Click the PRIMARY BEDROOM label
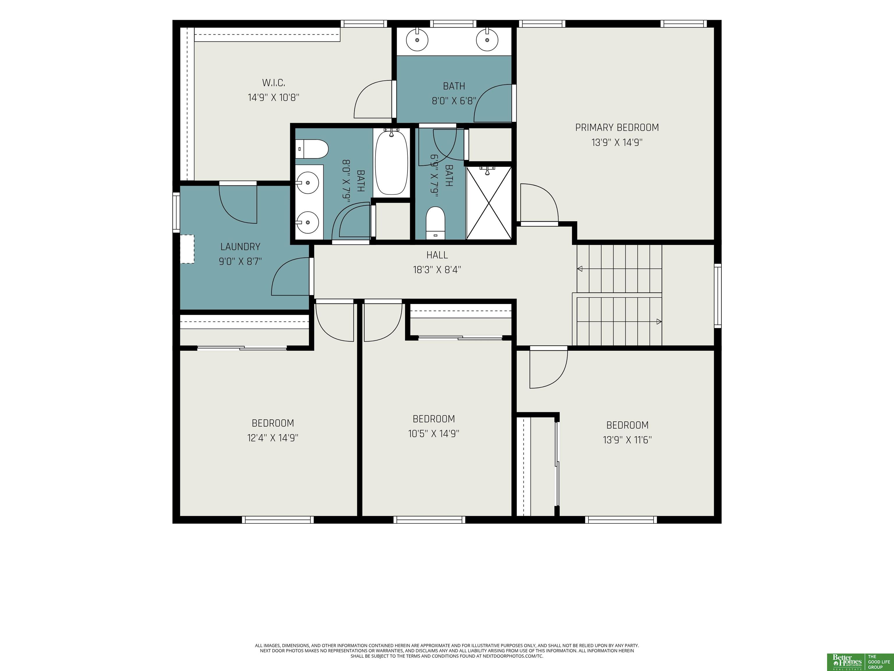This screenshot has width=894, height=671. click(617, 127)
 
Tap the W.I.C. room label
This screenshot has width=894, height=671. click(274, 83)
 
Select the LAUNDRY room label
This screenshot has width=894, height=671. click(240, 247)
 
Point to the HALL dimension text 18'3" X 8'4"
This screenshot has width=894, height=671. click(437, 270)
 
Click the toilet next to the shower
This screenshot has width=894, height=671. click(435, 223)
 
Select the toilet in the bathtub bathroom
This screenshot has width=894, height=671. click(312, 149)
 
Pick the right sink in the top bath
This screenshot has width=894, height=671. click(487, 40)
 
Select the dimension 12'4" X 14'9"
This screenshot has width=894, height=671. click(273, 438)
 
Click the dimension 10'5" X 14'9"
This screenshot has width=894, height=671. click(434, 434)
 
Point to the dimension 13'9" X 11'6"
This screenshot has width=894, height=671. click(627, 440)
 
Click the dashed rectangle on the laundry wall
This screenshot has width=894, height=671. click(187, 249)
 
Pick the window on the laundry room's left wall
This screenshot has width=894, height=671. click(176, 212)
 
